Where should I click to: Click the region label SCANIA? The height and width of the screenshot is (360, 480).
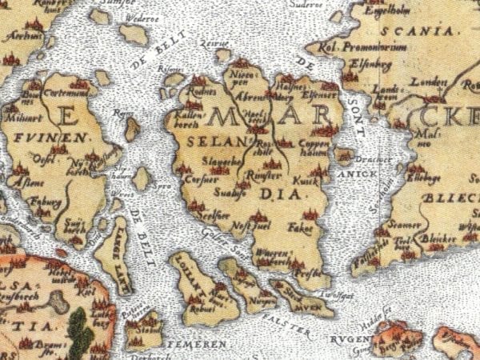(x=413, y=31)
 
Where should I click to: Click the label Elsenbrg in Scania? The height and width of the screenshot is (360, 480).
(x=368, y=58)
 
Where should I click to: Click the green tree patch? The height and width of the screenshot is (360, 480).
(x=79, y=329)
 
